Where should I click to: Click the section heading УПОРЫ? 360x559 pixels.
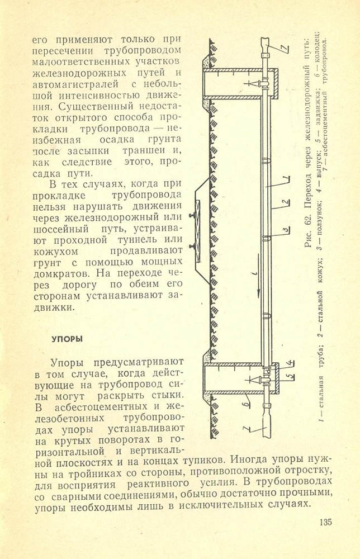68,339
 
